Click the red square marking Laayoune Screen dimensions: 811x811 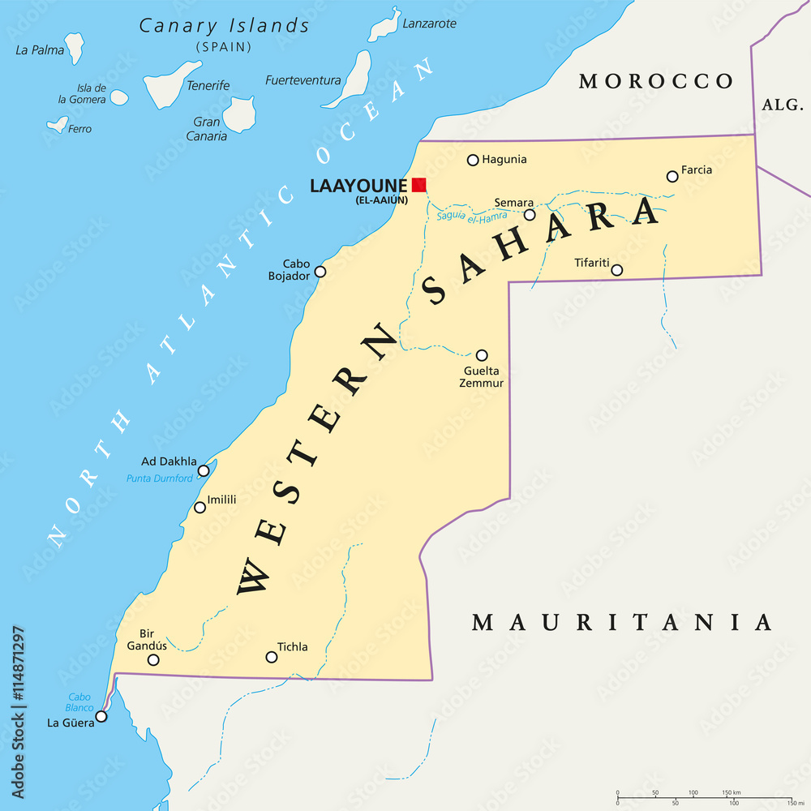tap(418, 185)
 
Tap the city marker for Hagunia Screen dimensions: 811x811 tap(473, 160)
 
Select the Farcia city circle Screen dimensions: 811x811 tap(672, 177)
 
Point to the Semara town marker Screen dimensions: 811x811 tap(530, 215)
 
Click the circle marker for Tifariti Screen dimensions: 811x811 tap(616, 270)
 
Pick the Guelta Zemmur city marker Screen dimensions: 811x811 tap(482, 355)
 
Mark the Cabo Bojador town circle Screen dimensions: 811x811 tap(320, 272)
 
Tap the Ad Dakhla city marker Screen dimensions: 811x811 tap(204, 470)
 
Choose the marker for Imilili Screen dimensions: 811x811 tap(200, 508)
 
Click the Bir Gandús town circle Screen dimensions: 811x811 tap(153, 660)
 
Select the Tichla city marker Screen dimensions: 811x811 tap(272, 657)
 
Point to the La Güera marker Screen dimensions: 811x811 tap(101, 716)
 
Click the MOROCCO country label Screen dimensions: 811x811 tap(656, 81)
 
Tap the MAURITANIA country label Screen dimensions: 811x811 tap(622, 622)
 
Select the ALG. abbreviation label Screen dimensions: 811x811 tap(781, 105)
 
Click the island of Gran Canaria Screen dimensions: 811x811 tap(239, 114)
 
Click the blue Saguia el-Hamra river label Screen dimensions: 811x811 tap(471, 216)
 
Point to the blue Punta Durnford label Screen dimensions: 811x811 tap(160, 478)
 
